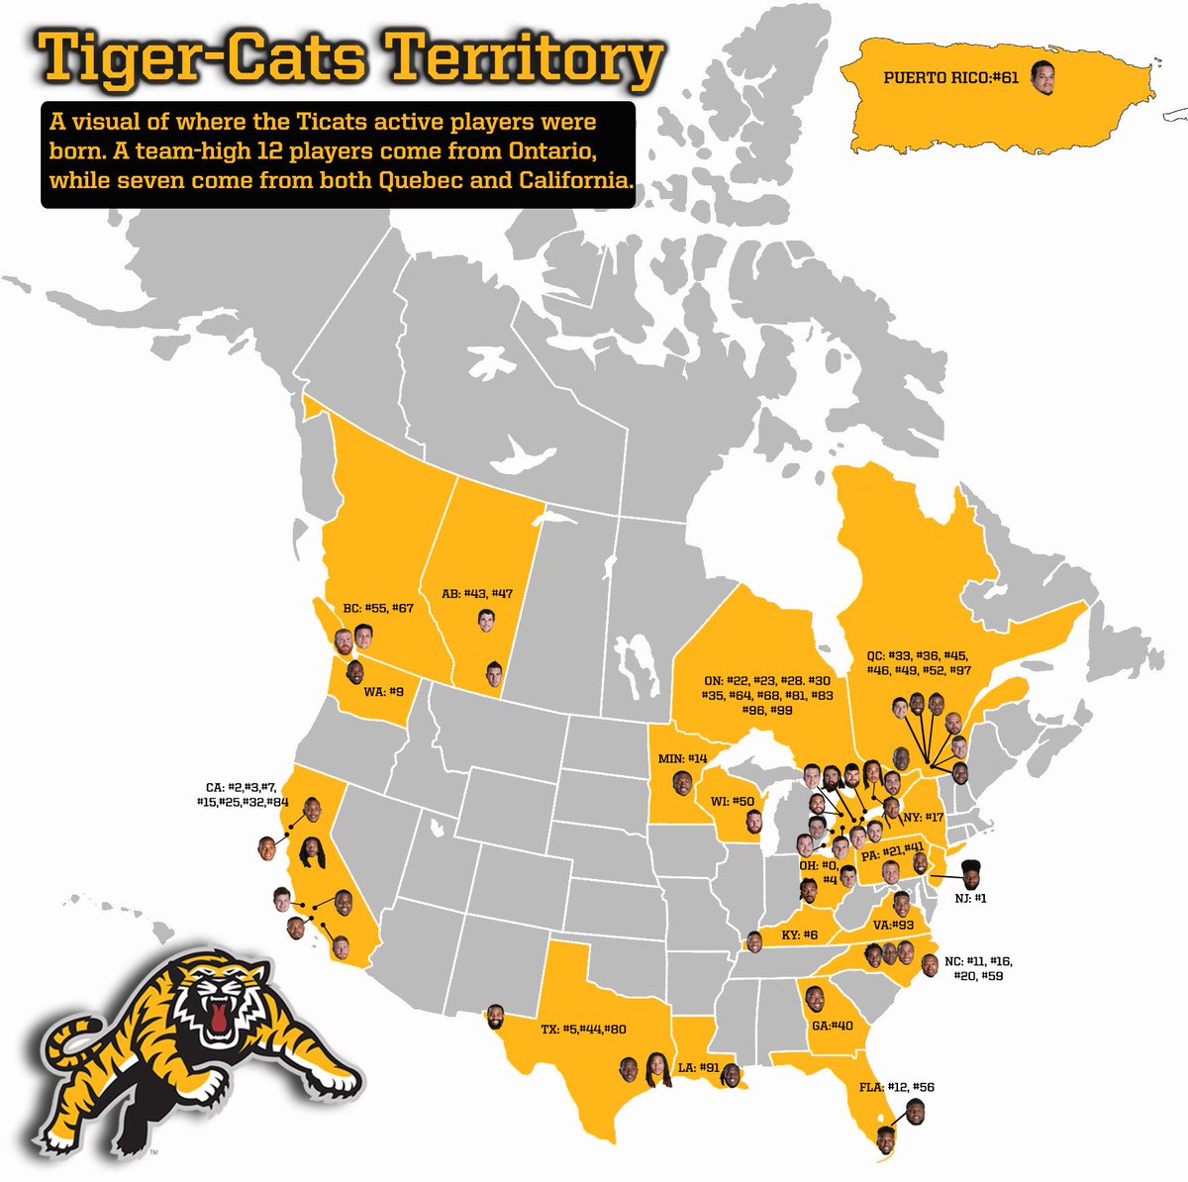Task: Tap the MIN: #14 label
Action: (x=682, y=758)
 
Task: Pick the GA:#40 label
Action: (x=832, y=1026)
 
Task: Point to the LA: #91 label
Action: (x=697, y=1067)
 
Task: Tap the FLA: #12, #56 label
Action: (x=899, y=1087)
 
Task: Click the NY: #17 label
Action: (x=923, y=818)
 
